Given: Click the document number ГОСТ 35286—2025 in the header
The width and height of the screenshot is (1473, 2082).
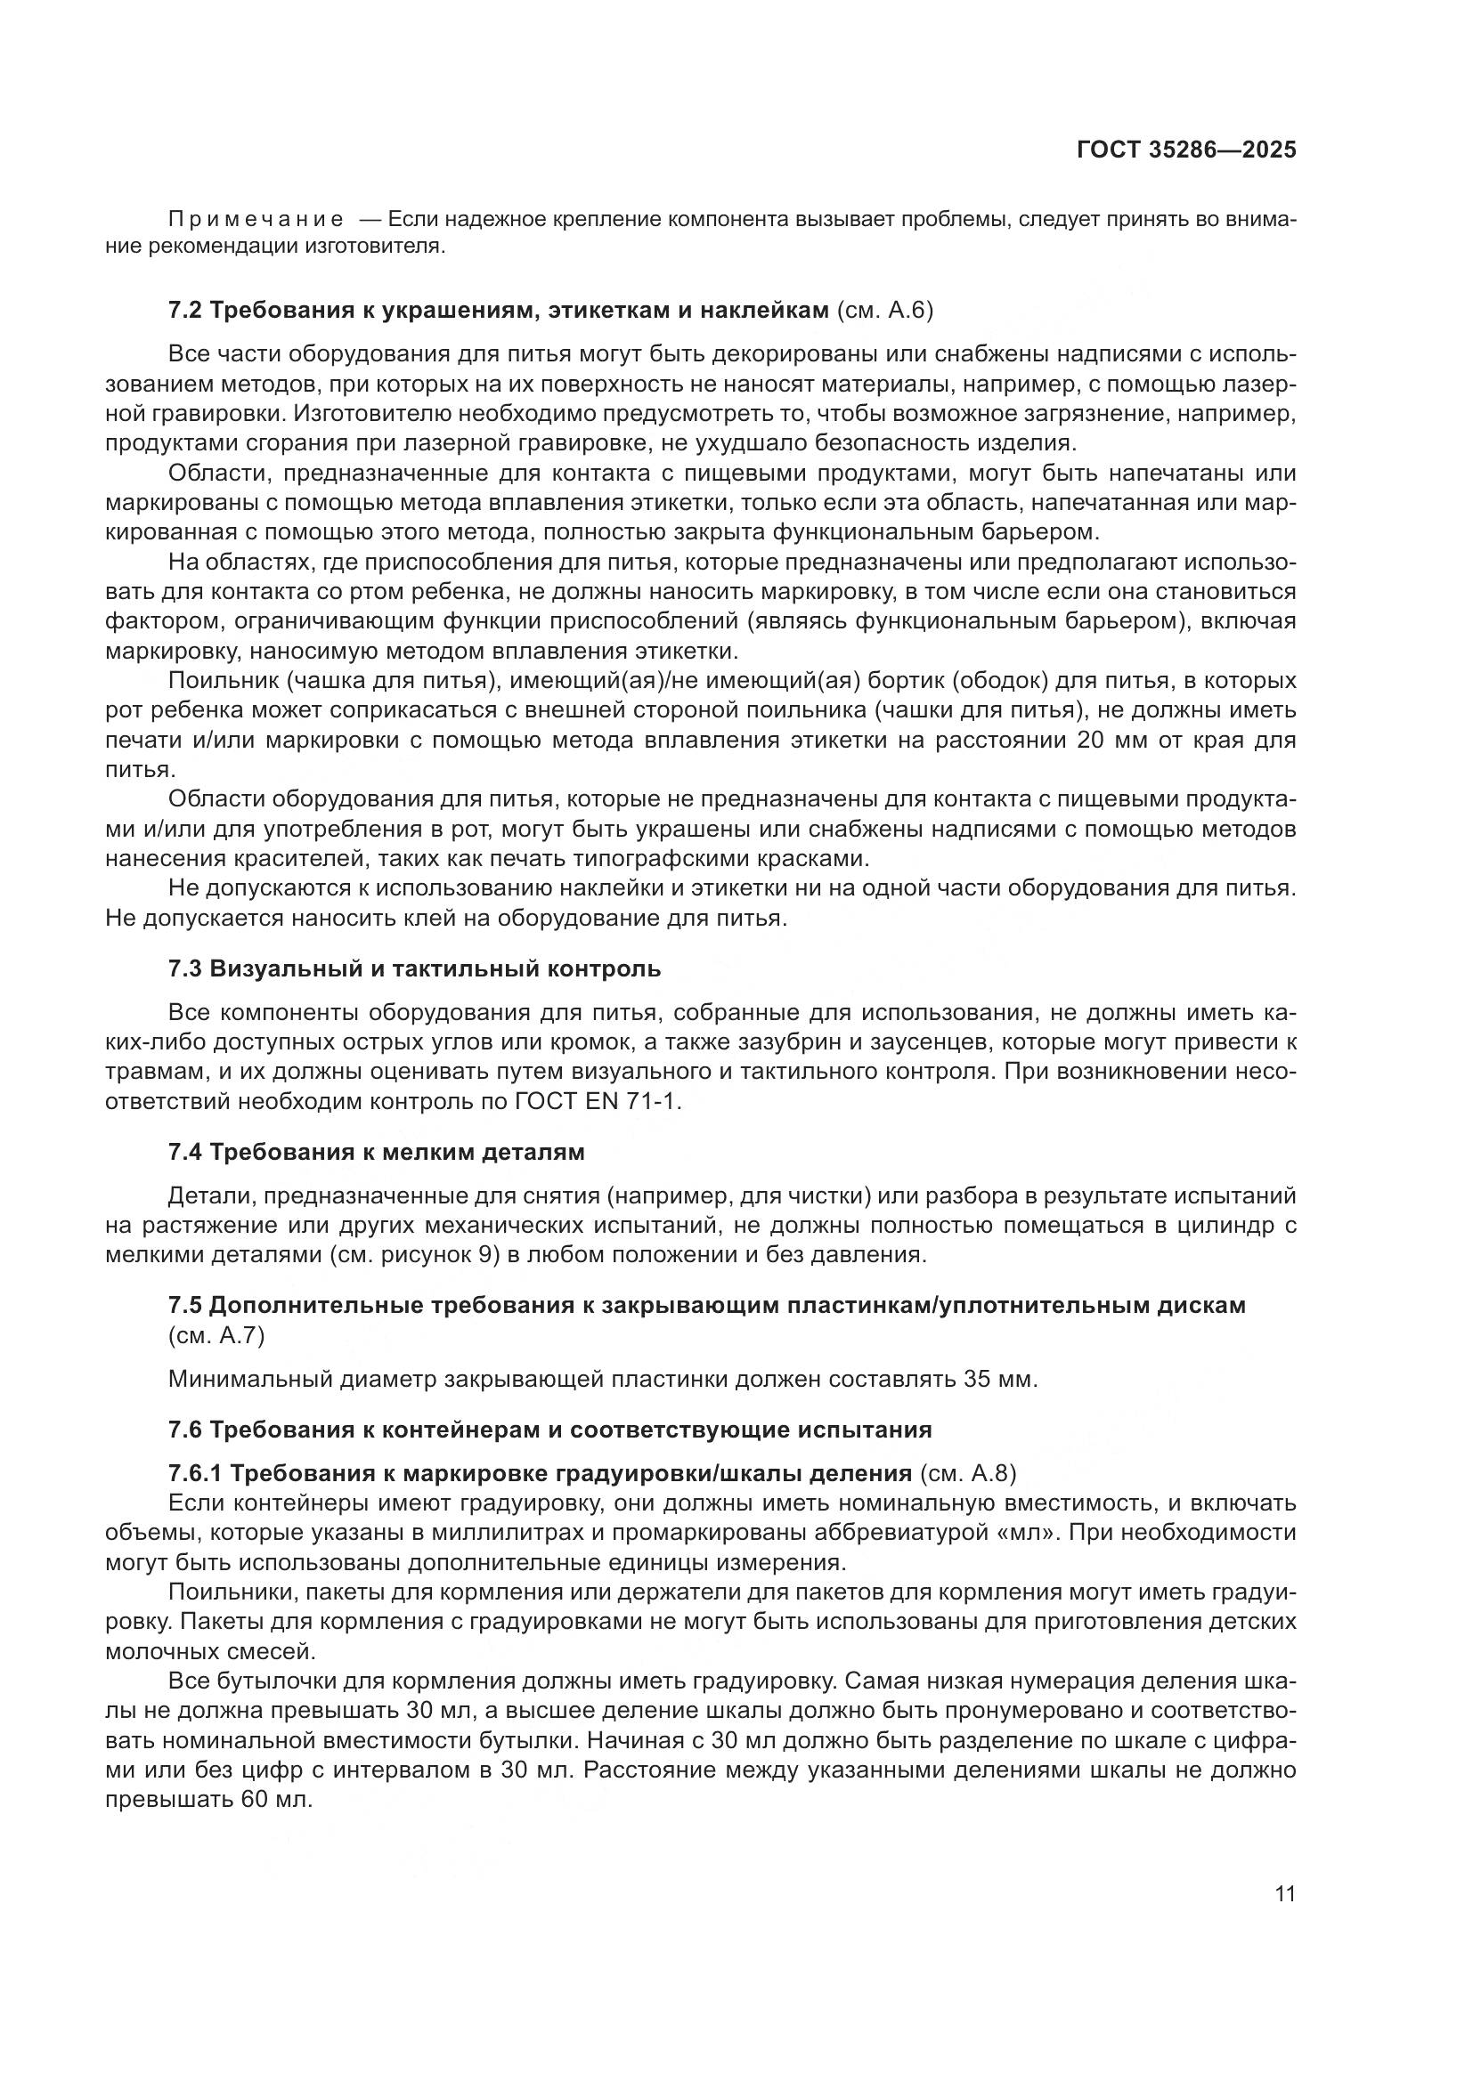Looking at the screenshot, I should [1185, 150].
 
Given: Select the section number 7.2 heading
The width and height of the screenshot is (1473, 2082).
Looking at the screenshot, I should [185, 310].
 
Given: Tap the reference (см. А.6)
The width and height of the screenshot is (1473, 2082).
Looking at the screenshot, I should [883, 310].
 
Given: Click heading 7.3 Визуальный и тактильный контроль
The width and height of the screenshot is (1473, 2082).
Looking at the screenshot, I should [414, 968].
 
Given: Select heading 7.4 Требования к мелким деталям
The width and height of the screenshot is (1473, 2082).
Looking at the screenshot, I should [377, 1153].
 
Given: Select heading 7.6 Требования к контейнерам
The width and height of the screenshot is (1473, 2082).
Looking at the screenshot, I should [549, 1430].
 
